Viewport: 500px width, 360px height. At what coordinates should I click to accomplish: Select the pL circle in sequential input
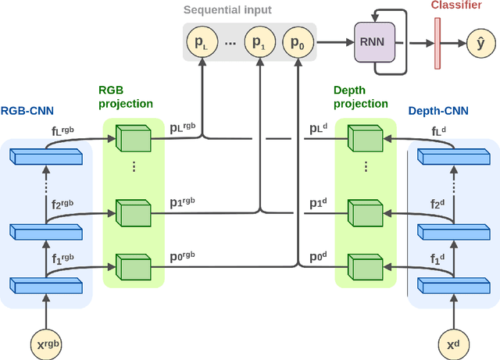201,42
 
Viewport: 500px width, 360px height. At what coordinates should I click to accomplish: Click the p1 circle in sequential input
259,42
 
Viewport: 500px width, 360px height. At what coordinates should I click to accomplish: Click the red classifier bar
434,42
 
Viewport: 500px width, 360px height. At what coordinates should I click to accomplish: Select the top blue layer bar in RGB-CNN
47,157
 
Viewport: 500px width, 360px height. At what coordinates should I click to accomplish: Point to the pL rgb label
184,127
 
